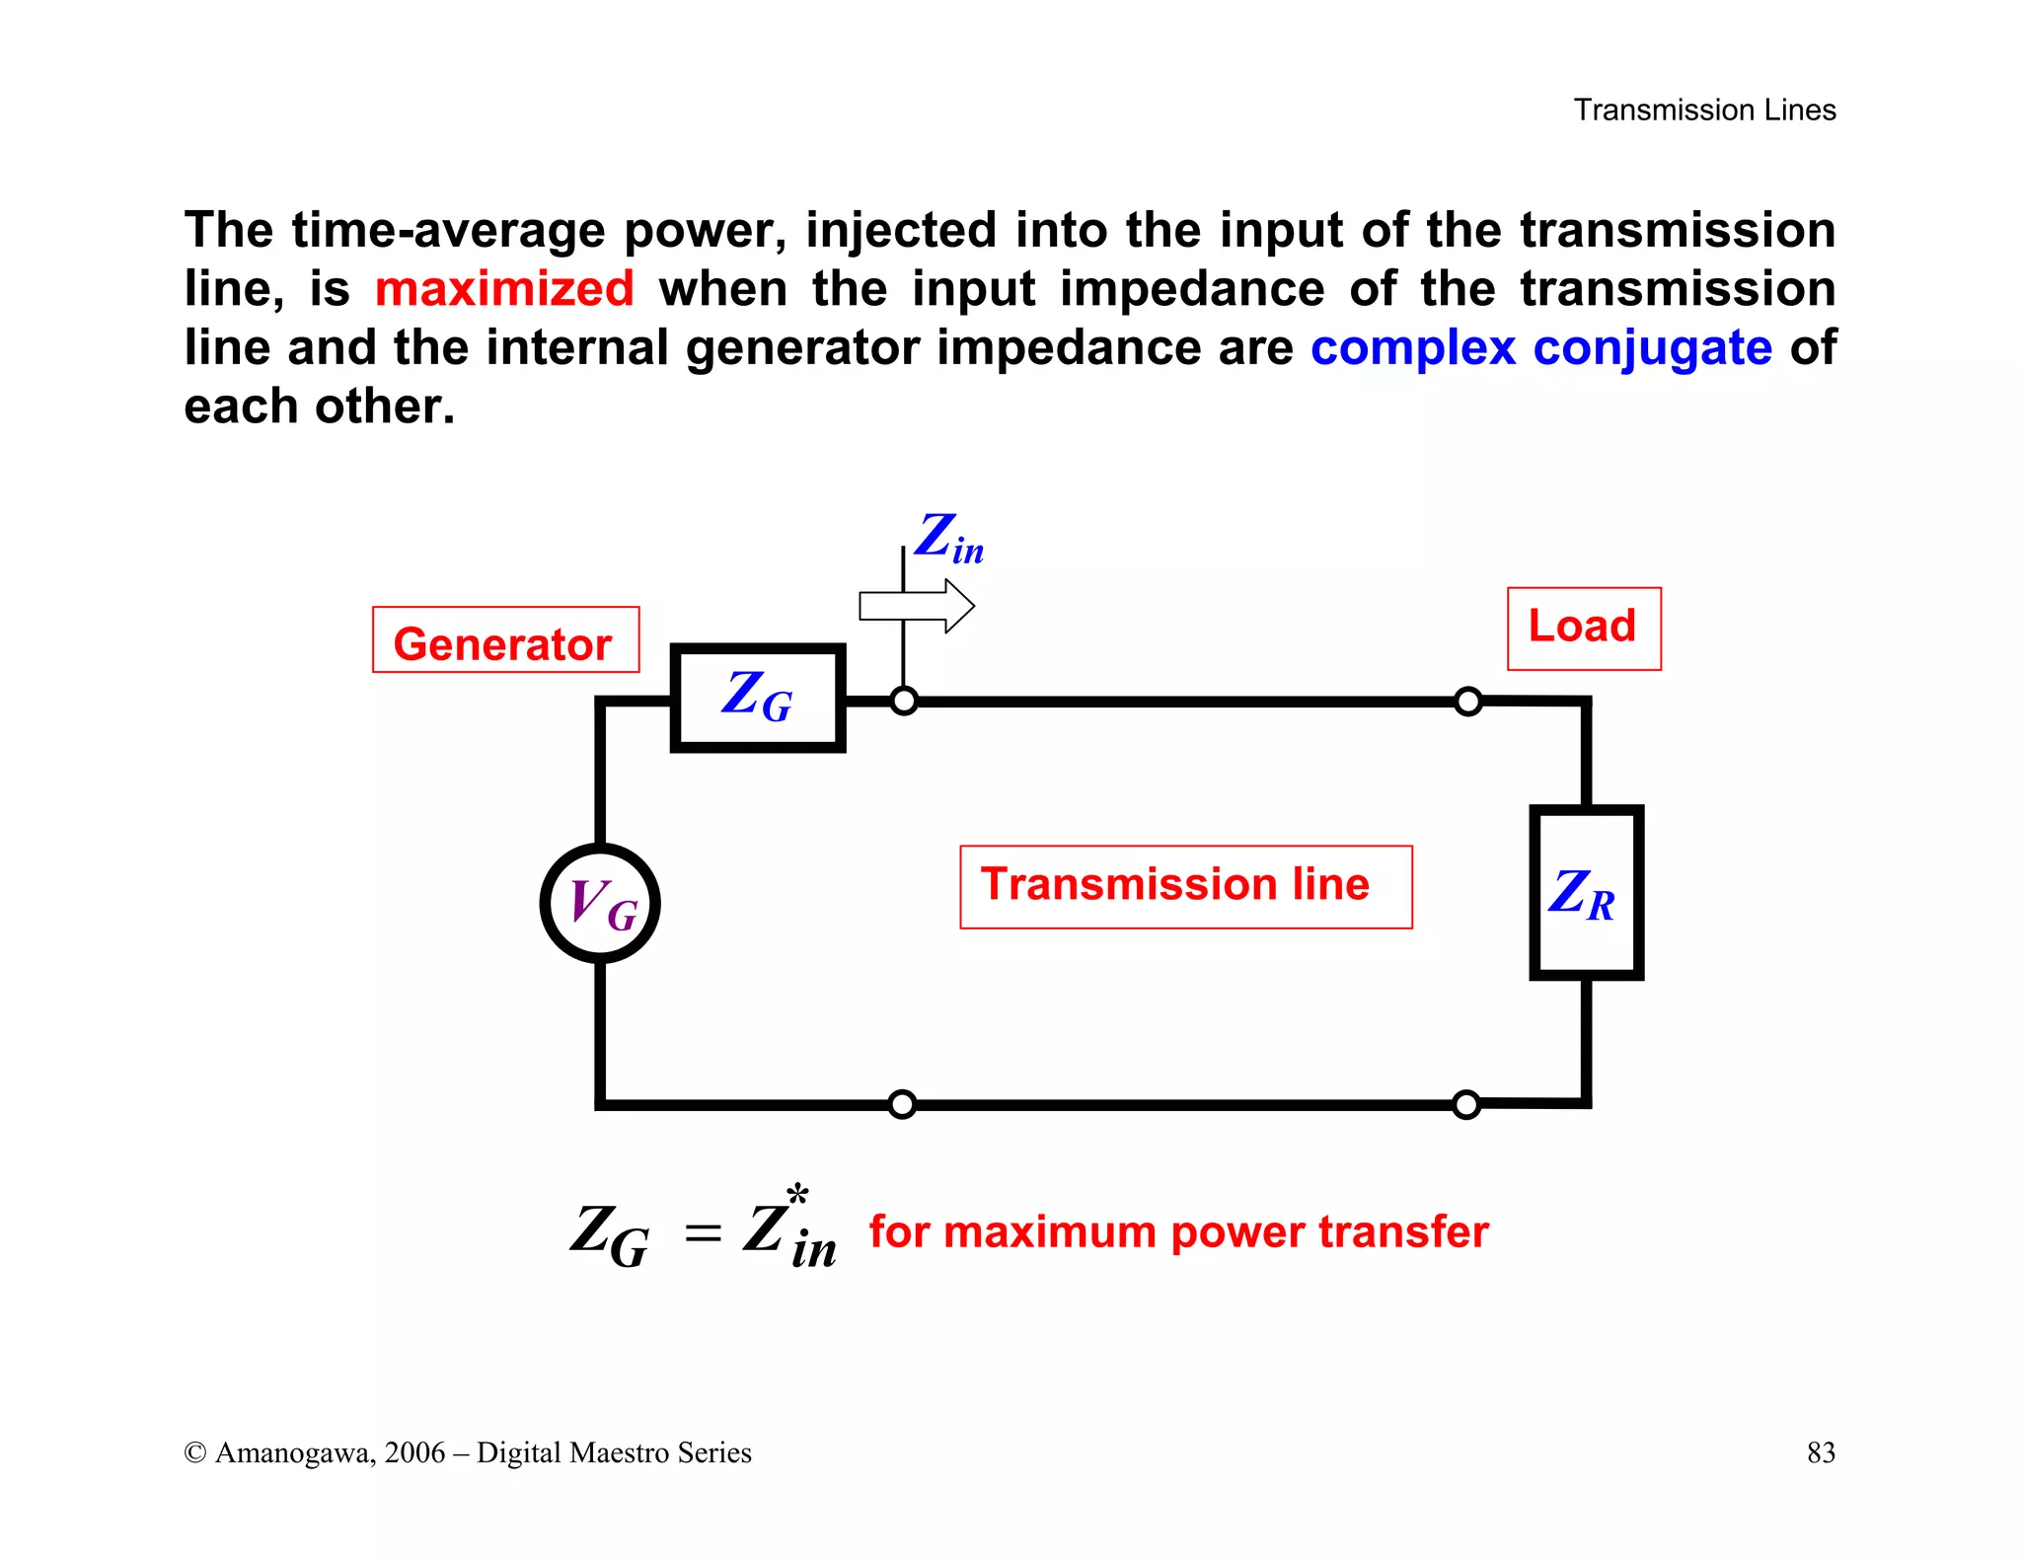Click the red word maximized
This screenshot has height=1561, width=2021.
(504, 290)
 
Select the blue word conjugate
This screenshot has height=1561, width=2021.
(1652, 348)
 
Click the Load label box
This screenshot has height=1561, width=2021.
(1583, 629)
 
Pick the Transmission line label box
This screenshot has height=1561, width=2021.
(1185, 886)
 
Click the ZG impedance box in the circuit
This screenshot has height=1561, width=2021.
(757, 698)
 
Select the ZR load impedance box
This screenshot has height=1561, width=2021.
(1585, 893)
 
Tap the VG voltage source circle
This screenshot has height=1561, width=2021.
(600, 903)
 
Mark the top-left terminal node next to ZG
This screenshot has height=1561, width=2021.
(904, 702)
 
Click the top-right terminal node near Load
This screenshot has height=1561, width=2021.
(1468, 702)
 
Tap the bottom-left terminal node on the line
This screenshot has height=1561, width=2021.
(902, 1104)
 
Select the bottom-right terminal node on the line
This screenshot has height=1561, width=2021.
(1466, 1104)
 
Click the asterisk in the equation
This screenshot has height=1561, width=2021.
(798, 1196)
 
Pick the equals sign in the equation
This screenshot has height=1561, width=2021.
(703, 1233)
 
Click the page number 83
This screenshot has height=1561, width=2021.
(1821, 1452)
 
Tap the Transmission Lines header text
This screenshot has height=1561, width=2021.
(1704, 110)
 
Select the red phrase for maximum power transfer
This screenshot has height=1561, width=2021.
(1178, 1232)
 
